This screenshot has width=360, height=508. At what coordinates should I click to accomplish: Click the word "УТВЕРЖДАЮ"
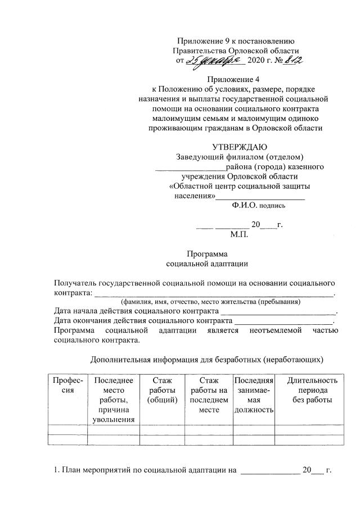point(236,147)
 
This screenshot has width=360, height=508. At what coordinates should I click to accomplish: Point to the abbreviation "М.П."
point(239,234)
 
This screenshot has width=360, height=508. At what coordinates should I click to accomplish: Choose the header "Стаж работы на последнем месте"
point(208,394)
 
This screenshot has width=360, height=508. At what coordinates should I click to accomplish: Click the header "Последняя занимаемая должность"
point(253,394)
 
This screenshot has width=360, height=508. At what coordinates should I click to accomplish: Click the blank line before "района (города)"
point(190,167)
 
